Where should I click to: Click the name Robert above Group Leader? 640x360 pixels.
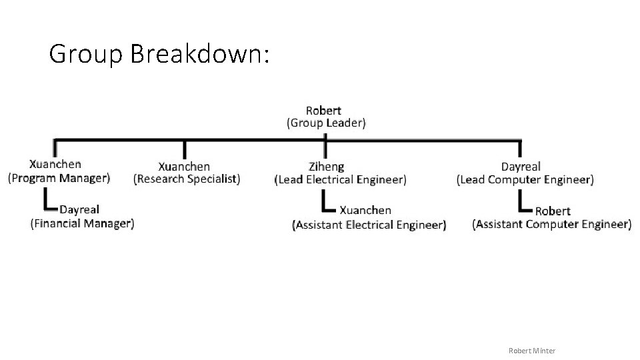tap(323, 110)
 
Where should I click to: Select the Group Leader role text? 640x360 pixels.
tap(326, 123)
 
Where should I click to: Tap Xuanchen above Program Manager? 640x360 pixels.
tap(55, 164)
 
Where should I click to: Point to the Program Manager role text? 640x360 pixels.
tap(59, 178)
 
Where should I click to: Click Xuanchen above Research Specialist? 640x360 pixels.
tap(184, 167)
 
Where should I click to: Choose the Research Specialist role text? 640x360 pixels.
tap(187, 179)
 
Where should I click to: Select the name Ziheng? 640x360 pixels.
tap(327, 167)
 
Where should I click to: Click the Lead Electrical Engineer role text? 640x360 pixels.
tap(340, 179)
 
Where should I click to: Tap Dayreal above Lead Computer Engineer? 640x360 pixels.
tap(521, 167)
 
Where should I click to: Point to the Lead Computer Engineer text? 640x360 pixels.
tap(525, 179)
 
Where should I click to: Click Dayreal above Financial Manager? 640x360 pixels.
tap(79, 209)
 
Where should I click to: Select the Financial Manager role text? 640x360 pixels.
tap(82, 223)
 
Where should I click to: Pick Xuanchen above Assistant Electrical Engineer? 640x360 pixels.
tap(366, 210)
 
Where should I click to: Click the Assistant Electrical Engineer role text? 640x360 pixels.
tap(369, 225)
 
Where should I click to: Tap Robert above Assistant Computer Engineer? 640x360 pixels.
tap(553, 211)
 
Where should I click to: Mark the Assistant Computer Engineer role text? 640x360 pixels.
tap(551, 224)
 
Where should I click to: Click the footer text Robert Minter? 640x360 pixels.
tap(531, 351)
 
